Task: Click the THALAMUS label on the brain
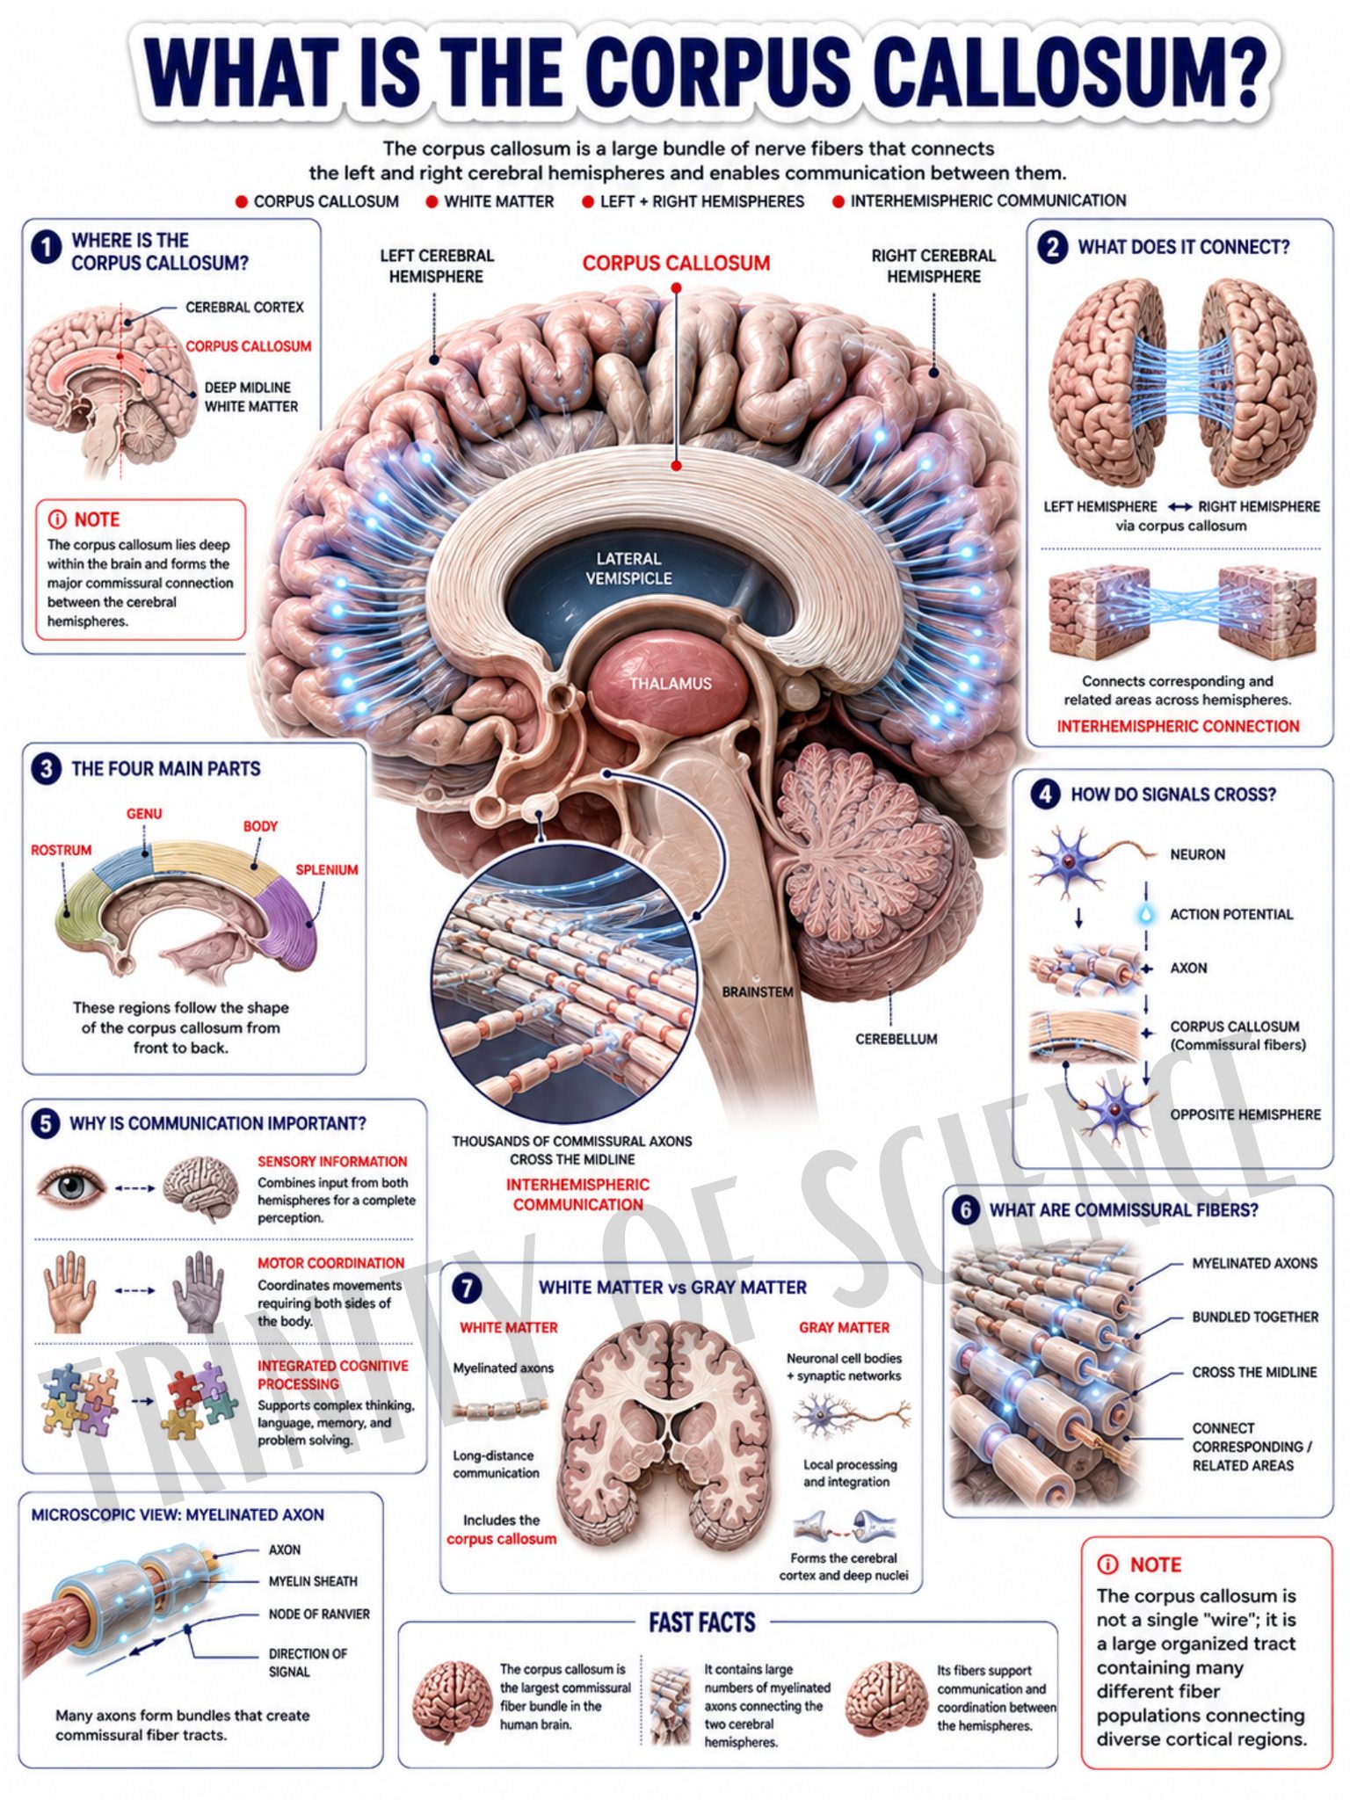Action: click(x=670, y=683)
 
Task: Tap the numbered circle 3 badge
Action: click(x=46, y=769)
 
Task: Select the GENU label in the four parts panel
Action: click(x=144, y=814)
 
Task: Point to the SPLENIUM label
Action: click(x=326, y=870)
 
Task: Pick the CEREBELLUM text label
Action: click(x=896, y=1039)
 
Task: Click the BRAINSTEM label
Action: click(x=758, y=992)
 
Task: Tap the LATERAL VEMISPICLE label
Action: click(x=628, y=569)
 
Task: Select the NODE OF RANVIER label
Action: click(x=319, y=1615)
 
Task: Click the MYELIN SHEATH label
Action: click(x=313, y=1581)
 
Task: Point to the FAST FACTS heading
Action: click(x=702, y=1622)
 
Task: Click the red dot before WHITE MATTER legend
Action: click(x=432, y=202)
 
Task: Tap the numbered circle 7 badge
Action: click(x=467, y=1288)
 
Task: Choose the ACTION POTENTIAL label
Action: click(x=1231, y=914)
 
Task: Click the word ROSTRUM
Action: click(x=62, y=850)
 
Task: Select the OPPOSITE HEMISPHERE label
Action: click(x=1245, y=1114)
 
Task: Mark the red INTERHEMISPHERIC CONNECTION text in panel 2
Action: click(x=1178, y=726)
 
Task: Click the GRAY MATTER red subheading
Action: click(x=844, y=1327)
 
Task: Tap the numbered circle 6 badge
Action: click(x=965, y=1211)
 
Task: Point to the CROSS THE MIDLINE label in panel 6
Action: click(x=1254, y=1372)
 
